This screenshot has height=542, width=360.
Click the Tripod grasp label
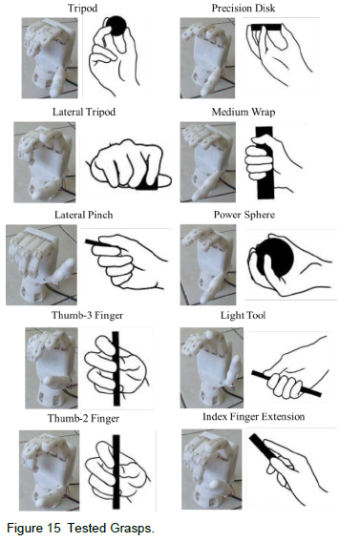[82, 8]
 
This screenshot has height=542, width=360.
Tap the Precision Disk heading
[244, 8]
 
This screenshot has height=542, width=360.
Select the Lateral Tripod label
[84, 112]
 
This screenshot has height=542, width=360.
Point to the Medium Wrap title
[244, 112]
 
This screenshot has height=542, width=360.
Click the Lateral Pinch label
[84, 215]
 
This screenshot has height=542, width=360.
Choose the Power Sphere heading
[244, 215]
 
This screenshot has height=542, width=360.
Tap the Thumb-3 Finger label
[87, 315]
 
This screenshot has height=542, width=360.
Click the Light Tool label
[244, 315]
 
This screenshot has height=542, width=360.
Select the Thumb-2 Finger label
[83, 418]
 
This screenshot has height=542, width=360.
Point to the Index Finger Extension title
[253, 417]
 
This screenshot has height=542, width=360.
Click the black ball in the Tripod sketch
[116, 25]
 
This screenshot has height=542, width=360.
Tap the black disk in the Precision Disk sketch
[266, 28]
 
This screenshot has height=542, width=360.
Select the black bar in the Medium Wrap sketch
[265, 162]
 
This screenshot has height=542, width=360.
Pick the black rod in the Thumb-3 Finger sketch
[116, 368]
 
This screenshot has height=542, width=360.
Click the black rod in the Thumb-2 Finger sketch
[116, 471]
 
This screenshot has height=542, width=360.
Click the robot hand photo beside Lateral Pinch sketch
[41, 264]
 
